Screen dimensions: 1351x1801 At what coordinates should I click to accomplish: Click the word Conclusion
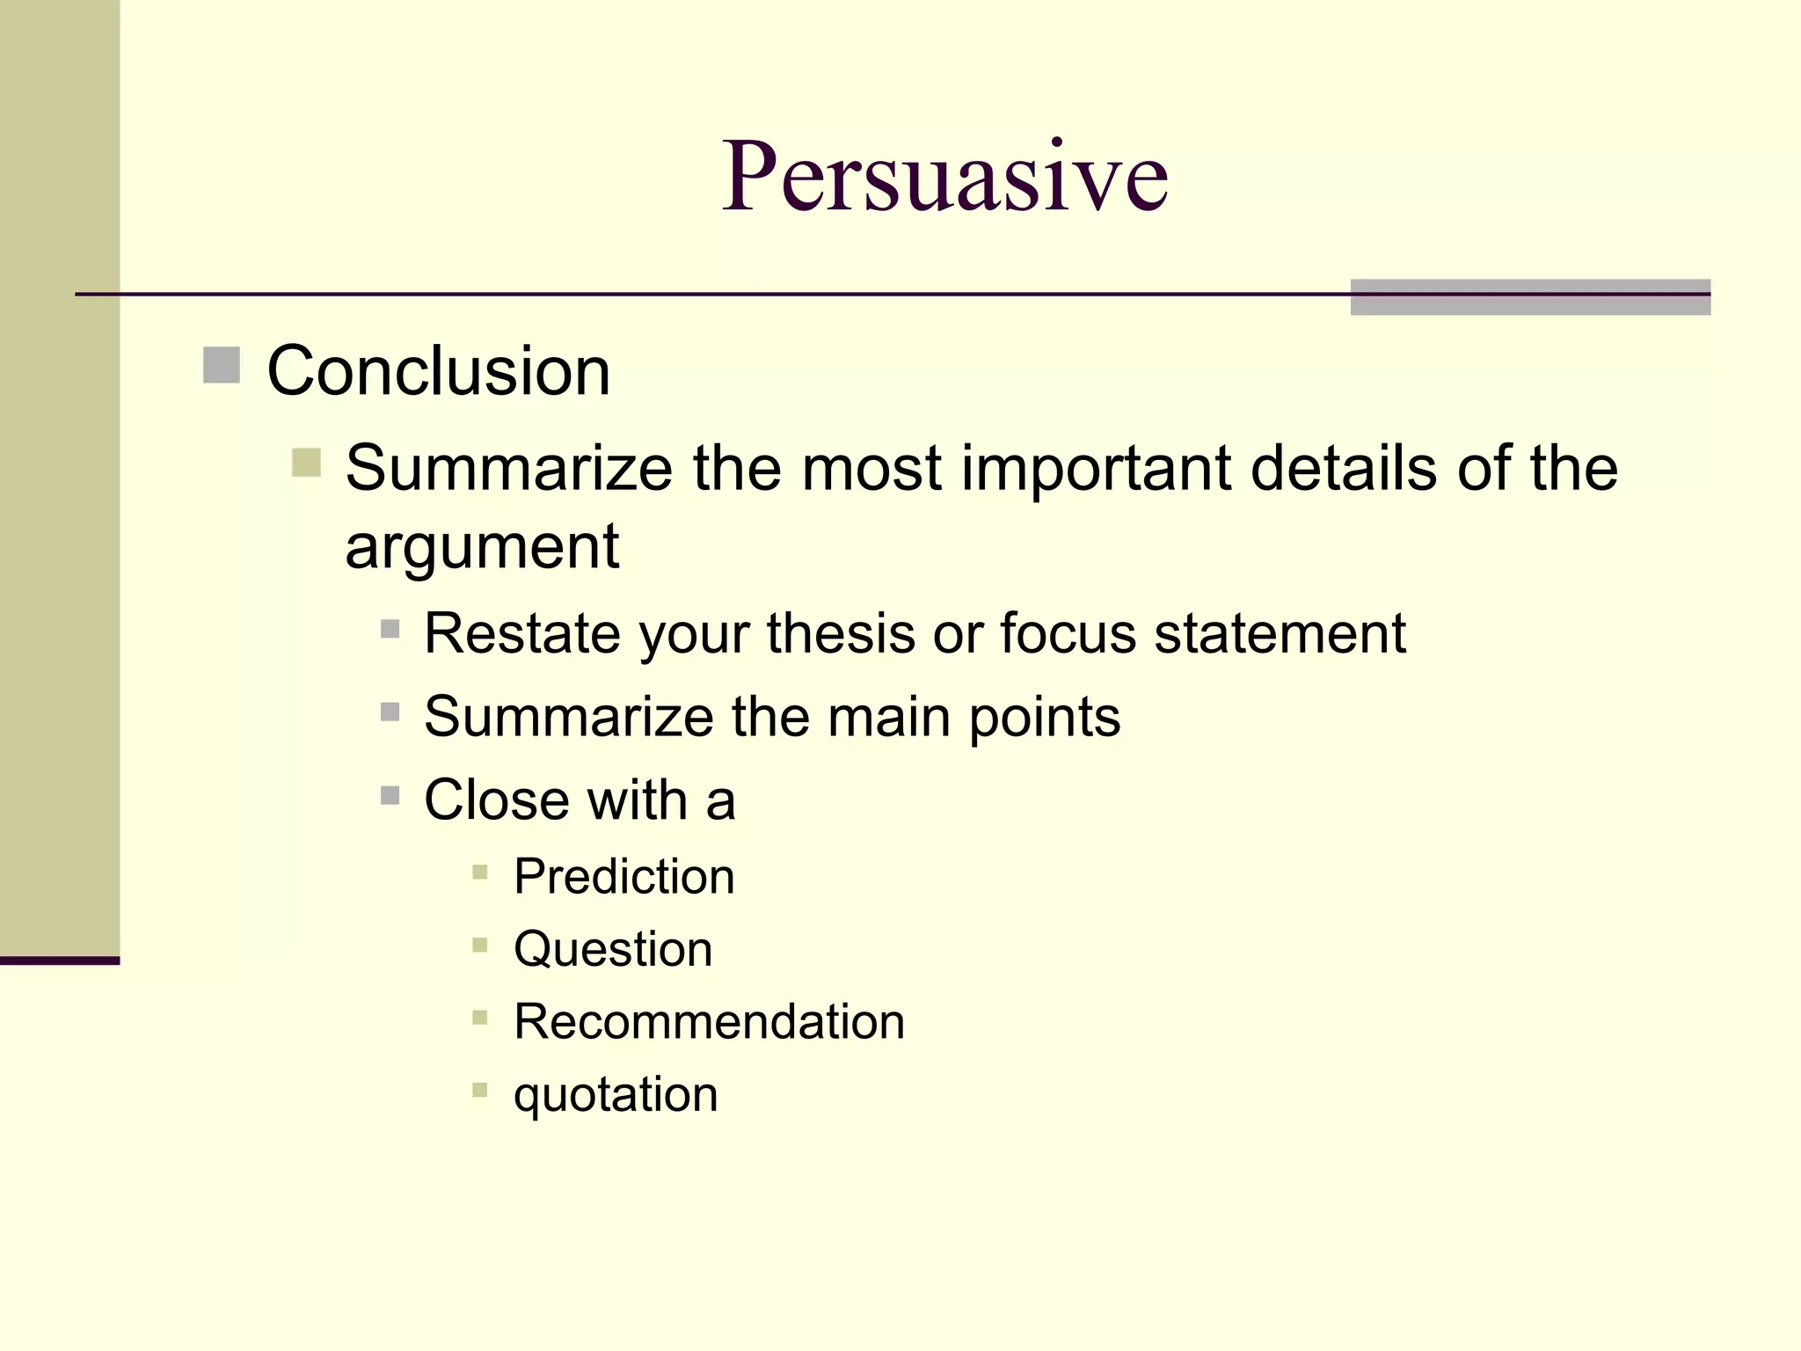click(438, 371)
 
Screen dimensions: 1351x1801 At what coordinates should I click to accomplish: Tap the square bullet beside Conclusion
click(222, 365)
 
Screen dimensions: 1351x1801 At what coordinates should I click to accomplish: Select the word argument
click(482, 547)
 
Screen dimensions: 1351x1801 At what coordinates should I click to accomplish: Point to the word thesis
click(841, 633)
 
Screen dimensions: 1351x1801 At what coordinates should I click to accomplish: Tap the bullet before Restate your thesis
click(390, 629)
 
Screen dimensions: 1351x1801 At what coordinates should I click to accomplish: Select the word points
click(1045, 717)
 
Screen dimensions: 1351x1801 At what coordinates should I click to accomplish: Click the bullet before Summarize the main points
click(390, 712)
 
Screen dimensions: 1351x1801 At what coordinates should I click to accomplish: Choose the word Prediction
click(624, 877)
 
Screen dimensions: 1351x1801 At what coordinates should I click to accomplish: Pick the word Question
click(613, 949)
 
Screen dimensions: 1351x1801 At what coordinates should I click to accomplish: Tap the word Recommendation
click(709, 1022)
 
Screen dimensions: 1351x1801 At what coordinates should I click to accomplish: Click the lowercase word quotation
click(616, 1095)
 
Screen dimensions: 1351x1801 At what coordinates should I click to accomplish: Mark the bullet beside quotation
click(479, 1091)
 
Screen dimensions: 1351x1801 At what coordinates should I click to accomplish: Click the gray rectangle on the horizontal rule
click(1530, 297)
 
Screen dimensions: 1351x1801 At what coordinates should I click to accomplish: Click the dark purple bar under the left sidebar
click(60, 960)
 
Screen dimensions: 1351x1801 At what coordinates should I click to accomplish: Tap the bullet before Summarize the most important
click(306, 462)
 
